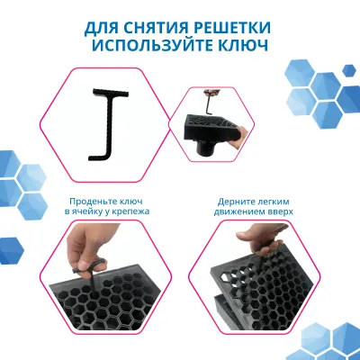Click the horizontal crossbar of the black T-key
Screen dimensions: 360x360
109,90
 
